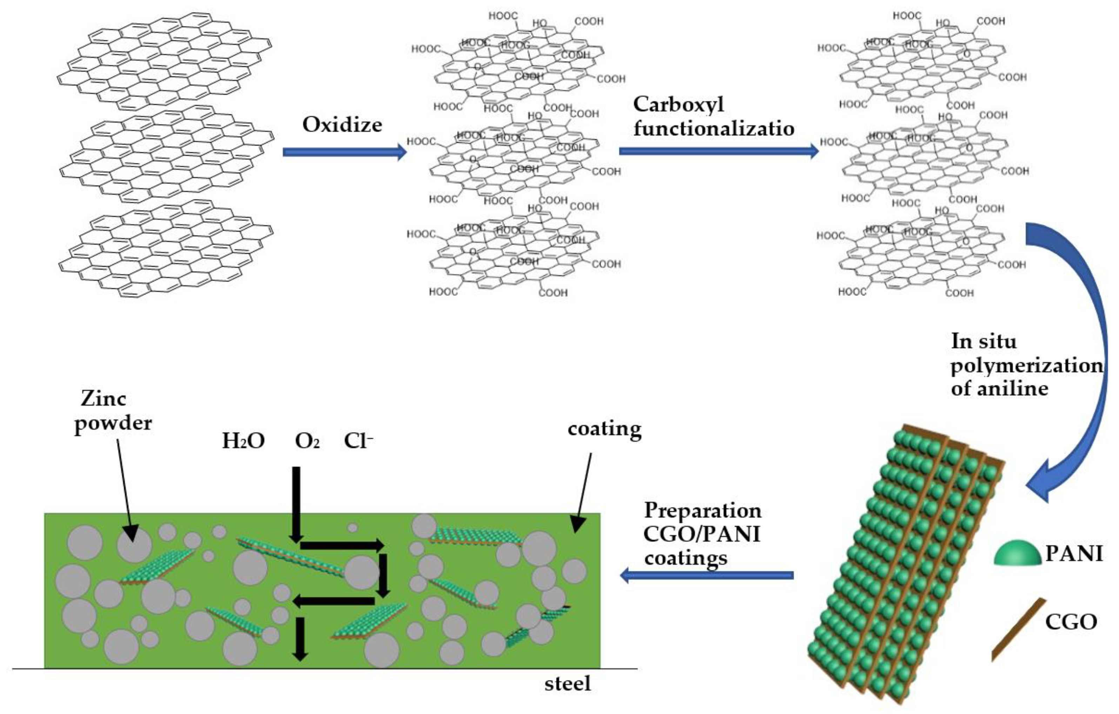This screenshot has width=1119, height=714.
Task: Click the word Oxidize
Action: pos(342,125)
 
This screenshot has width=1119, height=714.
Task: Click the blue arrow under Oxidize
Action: pos(344,152)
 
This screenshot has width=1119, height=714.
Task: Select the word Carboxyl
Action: pos(678,104)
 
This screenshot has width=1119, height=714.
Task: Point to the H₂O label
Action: pos(243,440)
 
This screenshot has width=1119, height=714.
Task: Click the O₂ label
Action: pos(307,440)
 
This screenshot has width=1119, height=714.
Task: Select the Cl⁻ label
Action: pos(358,440)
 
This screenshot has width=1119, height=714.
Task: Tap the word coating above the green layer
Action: pos(604,428)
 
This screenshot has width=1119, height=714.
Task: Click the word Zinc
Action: pos(103,399)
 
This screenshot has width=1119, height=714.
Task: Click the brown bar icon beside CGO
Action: pos(1018,629)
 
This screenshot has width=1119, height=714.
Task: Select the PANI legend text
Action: pos(1073,553)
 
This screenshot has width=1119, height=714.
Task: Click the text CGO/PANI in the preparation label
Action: pos(702,534)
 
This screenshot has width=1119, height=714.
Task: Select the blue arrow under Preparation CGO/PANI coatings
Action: pos(706,575)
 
